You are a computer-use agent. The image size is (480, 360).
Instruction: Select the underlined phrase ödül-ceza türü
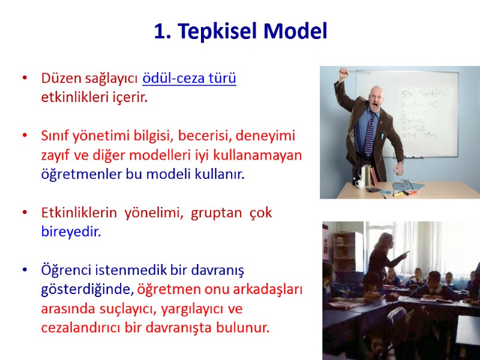[189, 79]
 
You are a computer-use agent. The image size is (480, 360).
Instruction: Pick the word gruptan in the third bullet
[214, 213]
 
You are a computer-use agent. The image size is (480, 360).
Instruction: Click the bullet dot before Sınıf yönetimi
[25, 136]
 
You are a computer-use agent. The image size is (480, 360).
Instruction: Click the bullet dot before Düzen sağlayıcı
[25, 79]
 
